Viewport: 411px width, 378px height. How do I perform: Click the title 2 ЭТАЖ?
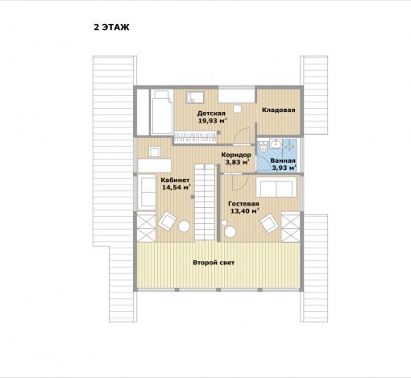coord(111,27)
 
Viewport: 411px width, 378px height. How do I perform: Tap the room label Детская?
coord(211,114)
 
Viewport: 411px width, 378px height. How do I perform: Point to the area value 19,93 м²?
coord(212,121)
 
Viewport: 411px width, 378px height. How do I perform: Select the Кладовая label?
coord(279,110)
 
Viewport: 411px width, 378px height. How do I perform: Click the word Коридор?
coord(236,155)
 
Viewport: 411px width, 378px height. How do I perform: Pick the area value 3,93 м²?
coord(284,168)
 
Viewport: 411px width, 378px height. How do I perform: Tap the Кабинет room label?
coord(175,180)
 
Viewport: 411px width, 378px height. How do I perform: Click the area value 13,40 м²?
coord(244,211)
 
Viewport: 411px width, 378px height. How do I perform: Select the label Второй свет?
coord(214,263)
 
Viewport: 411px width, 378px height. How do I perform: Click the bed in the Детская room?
coord(161,112)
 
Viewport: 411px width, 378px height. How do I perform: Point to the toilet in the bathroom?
coord(264,147)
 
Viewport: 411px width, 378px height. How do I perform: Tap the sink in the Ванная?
coord(276,144)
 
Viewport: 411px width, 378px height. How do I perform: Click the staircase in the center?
coord(205,202)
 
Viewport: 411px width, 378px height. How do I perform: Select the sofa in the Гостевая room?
coord(276,187)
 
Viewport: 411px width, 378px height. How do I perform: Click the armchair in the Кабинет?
coord(167,221)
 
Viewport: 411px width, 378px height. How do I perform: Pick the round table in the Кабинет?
coord(185,226)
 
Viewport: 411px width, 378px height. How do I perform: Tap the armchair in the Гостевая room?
coord(268,223)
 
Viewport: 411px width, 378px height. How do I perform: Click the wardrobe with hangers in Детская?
coord(195,137)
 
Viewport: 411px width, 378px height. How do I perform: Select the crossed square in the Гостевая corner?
coord(291,227)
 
